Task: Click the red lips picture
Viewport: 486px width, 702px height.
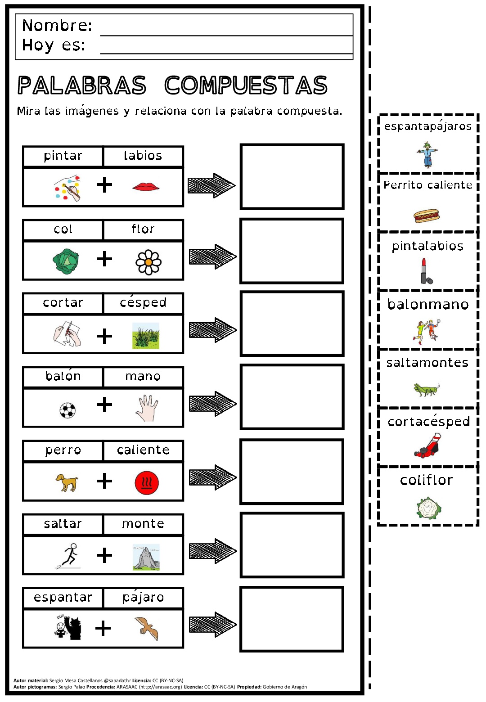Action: pyautogui.click(x=146, y=186)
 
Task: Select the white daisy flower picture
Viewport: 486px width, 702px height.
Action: pyautogui.click(x=148, y=262)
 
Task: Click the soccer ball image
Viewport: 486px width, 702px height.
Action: pyautogui.click(x=67, y=410)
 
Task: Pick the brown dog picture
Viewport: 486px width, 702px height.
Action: pyautogui.click(x=67, y=482)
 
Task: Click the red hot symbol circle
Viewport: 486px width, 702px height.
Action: pyautogui.click(x=147, y=483)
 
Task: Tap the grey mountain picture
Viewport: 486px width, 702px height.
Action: pyautogui.click(x=146, y=557)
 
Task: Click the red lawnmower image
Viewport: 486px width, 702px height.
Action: pyautogui.click(x=428, y=445)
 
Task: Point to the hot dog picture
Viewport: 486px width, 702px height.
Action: pyautogui.click(x=426, y=216)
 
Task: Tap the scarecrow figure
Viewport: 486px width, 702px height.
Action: pyautogui.click(x=427, y=154)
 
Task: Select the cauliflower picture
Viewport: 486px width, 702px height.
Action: pyautogui.click(x=428, y=508)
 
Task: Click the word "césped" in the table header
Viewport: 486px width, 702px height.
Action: pyautogui.click(x=143, y=302)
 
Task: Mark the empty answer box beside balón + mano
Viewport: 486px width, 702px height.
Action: pyautogui.click(x=292, y=396)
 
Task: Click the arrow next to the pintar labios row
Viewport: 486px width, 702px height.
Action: pyautogui.click(x=211, y=185)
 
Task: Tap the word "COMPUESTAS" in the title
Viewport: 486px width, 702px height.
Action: pyautogui.click(x=246, y=85)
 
